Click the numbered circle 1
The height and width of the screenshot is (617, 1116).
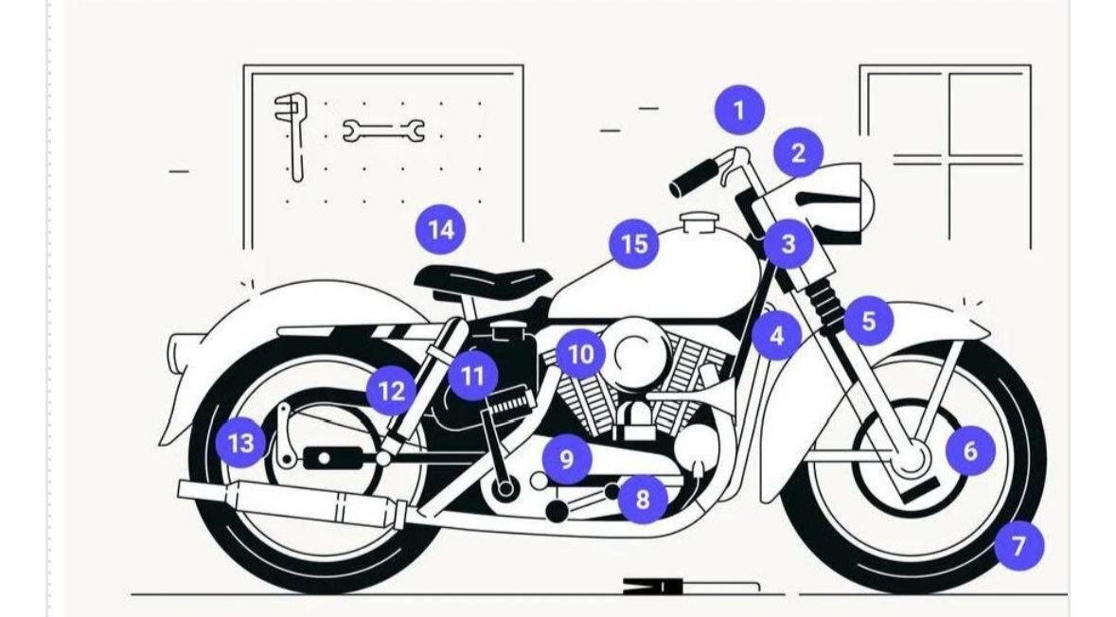point(739,111)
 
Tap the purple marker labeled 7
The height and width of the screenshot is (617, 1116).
point(1019,545)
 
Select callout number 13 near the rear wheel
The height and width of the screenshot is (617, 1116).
point(240,443)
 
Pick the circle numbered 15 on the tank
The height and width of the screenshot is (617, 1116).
point(634,244)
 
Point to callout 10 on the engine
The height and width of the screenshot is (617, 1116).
point(581,354)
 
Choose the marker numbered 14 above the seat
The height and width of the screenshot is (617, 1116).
point(440,230)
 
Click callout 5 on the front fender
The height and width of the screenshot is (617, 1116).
point(868,321)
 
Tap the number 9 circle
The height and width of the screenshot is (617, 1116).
point(567,459)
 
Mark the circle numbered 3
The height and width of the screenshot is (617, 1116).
point(788,244)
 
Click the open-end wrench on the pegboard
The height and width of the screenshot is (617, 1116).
point(383,131)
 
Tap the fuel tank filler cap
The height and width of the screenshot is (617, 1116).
point(698,222)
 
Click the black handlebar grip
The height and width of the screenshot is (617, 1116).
point(694,178)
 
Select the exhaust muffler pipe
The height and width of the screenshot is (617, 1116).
point(292,502)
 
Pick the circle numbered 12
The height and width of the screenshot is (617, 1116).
point(392,391)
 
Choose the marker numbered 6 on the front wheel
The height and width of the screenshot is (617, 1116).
point(970,450)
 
